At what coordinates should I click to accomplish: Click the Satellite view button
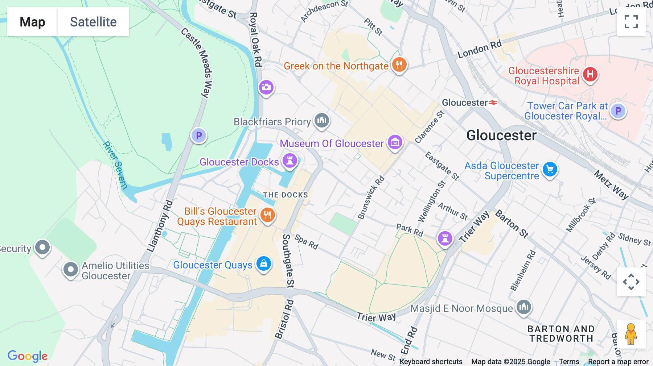[x=93, y=22]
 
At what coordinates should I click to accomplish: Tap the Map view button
[x=32, y=22]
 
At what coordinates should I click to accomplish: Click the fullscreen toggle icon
[x=631, y=22]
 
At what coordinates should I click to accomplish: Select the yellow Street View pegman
[x=631, y=334]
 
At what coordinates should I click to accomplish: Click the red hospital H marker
[x=590, y=74]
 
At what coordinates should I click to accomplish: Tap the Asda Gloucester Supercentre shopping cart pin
[x=550, y=169]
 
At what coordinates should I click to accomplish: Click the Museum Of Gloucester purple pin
[x=395, y=142]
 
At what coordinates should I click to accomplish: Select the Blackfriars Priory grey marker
[x=321, y=120]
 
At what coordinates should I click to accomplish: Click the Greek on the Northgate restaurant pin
[x=399, y=65]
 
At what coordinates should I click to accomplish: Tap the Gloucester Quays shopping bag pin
[x=264, y=263]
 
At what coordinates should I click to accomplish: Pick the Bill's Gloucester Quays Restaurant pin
[x=267, y=215]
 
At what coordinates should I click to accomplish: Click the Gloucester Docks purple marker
[x=289, y=160]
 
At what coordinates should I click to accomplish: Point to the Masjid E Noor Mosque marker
[x=523, y=307]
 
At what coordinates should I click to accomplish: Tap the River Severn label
[x=115, y=165]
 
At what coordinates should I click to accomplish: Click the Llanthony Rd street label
[x=160, y=226]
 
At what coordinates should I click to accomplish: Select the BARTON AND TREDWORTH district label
[x=561, y=334]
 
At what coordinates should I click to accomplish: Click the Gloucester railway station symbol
[x=493, y=103]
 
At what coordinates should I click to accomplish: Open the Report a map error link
[x=618, y=362]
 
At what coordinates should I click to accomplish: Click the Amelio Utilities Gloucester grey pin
[x=70, y=270]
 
